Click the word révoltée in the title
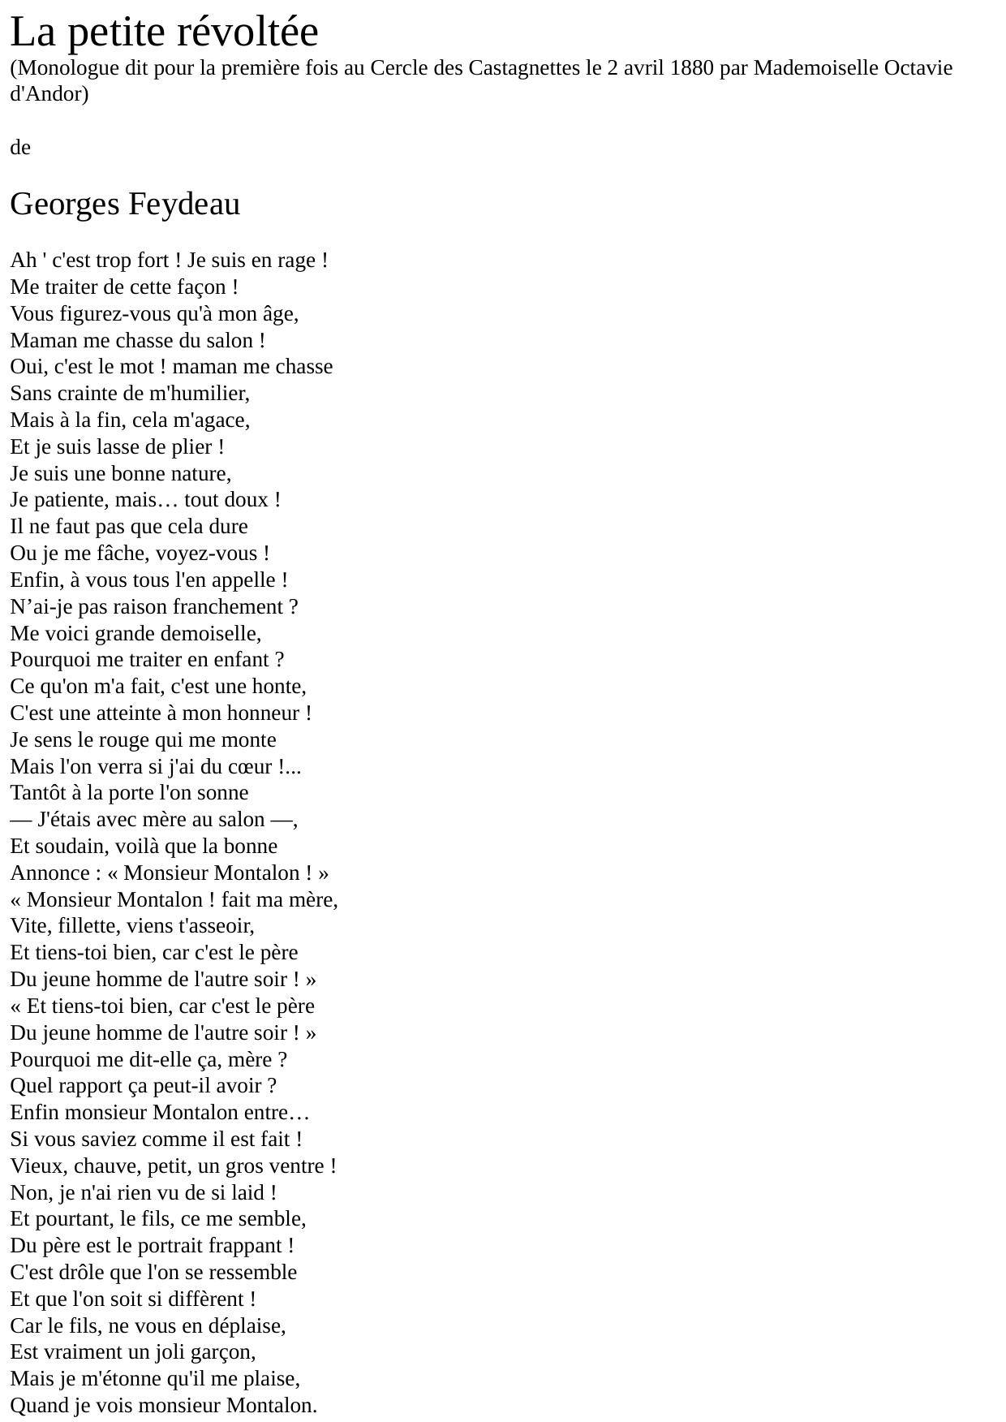247,32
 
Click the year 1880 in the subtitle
691,67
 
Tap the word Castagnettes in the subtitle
524,67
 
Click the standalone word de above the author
20,148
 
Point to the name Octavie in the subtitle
918,67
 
